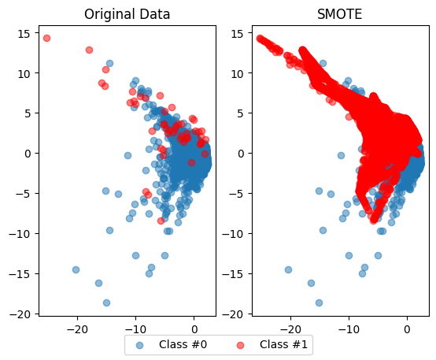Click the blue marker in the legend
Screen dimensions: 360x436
coord(139,344)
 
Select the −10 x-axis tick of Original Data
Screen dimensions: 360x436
coord(135,326)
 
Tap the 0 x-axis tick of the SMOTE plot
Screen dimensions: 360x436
coord(407,326)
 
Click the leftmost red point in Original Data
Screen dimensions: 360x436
coord(46,38)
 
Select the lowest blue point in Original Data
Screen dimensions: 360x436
coord(106,302)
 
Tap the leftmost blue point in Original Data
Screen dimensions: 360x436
coord(76,269)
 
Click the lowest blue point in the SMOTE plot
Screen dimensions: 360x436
coord(319,302)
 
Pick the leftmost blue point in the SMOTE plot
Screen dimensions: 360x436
coord(288,269)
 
